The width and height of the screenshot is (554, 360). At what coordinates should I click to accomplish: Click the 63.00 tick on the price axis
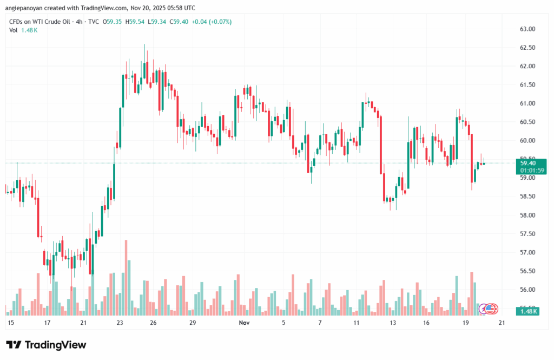pos(527,29)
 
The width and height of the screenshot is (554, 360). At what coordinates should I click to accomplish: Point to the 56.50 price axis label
pos(527,271)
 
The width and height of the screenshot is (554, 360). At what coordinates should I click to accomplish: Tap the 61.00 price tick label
pos(527,103)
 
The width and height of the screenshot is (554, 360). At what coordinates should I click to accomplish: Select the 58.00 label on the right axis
pos(527,215)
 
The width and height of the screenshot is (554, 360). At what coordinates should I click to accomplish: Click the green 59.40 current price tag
pos(527,162)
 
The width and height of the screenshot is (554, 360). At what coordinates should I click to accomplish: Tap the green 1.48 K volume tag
pos(528,311)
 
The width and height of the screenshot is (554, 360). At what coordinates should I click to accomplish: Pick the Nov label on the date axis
pos(243,323)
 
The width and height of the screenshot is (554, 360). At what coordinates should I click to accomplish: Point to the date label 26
pos(154,323)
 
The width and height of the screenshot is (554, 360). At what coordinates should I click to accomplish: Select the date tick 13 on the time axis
pos(392,323)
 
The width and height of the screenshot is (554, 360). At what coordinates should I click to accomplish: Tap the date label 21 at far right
pos(502,323)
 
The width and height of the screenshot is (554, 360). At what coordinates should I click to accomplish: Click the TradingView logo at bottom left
pos(46,345)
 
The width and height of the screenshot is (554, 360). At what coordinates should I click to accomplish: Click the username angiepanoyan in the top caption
pos(27,8)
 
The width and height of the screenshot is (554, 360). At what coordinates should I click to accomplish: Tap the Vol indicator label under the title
pos(14,30)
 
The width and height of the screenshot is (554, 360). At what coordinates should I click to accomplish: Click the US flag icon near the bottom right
pos(491,309)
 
